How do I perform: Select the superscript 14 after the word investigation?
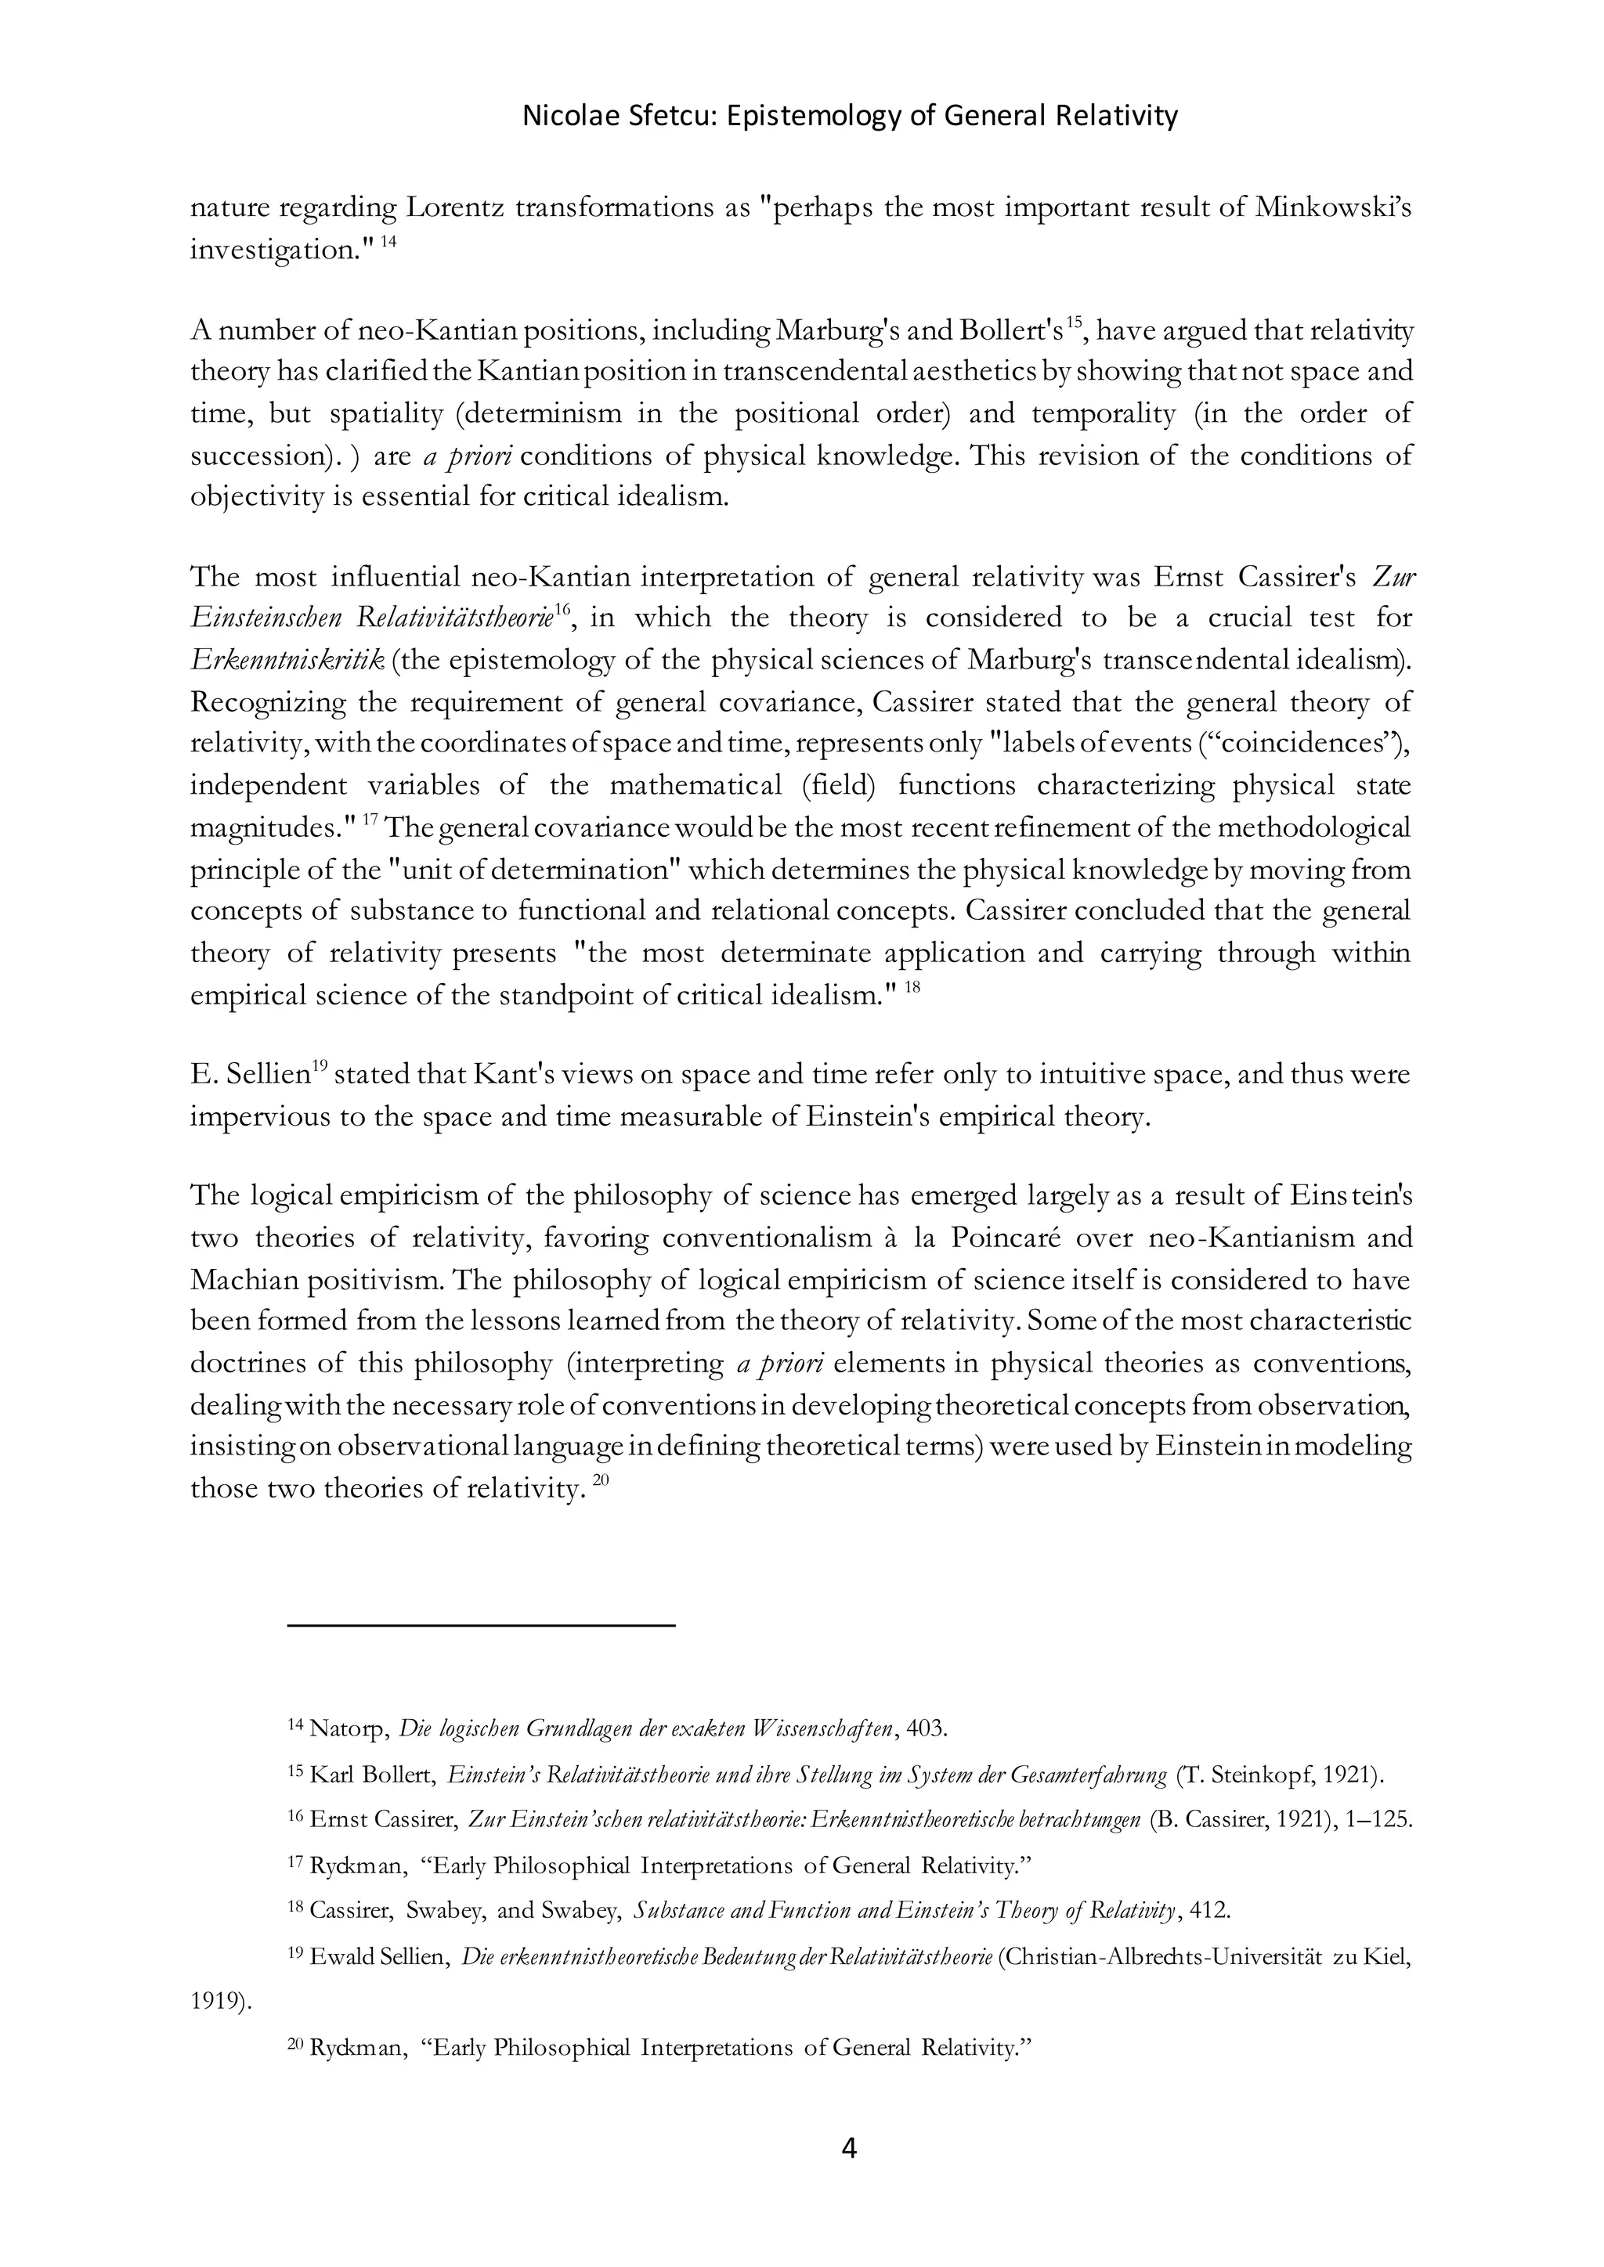pos(388,242)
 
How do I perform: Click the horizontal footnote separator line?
pos(481,1624)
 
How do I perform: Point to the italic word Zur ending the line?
pos(1393,577)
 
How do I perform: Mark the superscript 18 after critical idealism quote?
pos(912,987)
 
